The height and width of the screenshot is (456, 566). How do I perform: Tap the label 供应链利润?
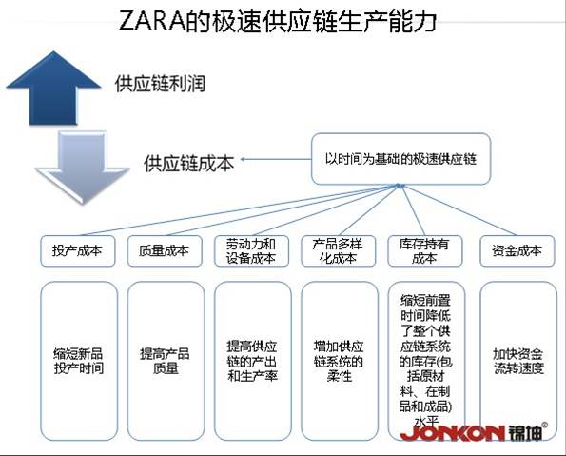(x=160, y=84)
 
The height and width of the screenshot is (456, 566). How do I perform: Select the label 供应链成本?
(x=188, y=163)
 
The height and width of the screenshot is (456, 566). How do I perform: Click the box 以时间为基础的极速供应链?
(x=401, y=159)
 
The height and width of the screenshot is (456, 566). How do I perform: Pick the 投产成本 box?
(x=78, y=251)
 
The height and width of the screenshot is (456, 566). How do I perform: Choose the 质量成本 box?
(x=165, y=251)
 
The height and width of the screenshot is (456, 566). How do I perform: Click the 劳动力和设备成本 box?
(x=251, y=251)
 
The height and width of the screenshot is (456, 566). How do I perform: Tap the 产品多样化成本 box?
(x=339, y=251)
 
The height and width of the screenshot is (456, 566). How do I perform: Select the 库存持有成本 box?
(x=425, y=251)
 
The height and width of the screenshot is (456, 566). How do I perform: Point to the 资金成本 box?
(x=517, y=251)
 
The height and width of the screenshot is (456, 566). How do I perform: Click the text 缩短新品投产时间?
(x=79, y=361)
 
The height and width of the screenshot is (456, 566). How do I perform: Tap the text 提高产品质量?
(x=165, y=361)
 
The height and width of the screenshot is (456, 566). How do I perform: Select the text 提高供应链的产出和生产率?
(x=252, y=362)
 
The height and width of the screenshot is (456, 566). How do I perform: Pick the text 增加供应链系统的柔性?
(x=339, y=362)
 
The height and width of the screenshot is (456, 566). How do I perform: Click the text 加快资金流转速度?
(x=518, y=361)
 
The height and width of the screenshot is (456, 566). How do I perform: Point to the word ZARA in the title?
(x=151, y=21)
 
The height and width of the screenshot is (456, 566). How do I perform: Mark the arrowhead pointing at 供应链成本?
(x=243, y=159)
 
